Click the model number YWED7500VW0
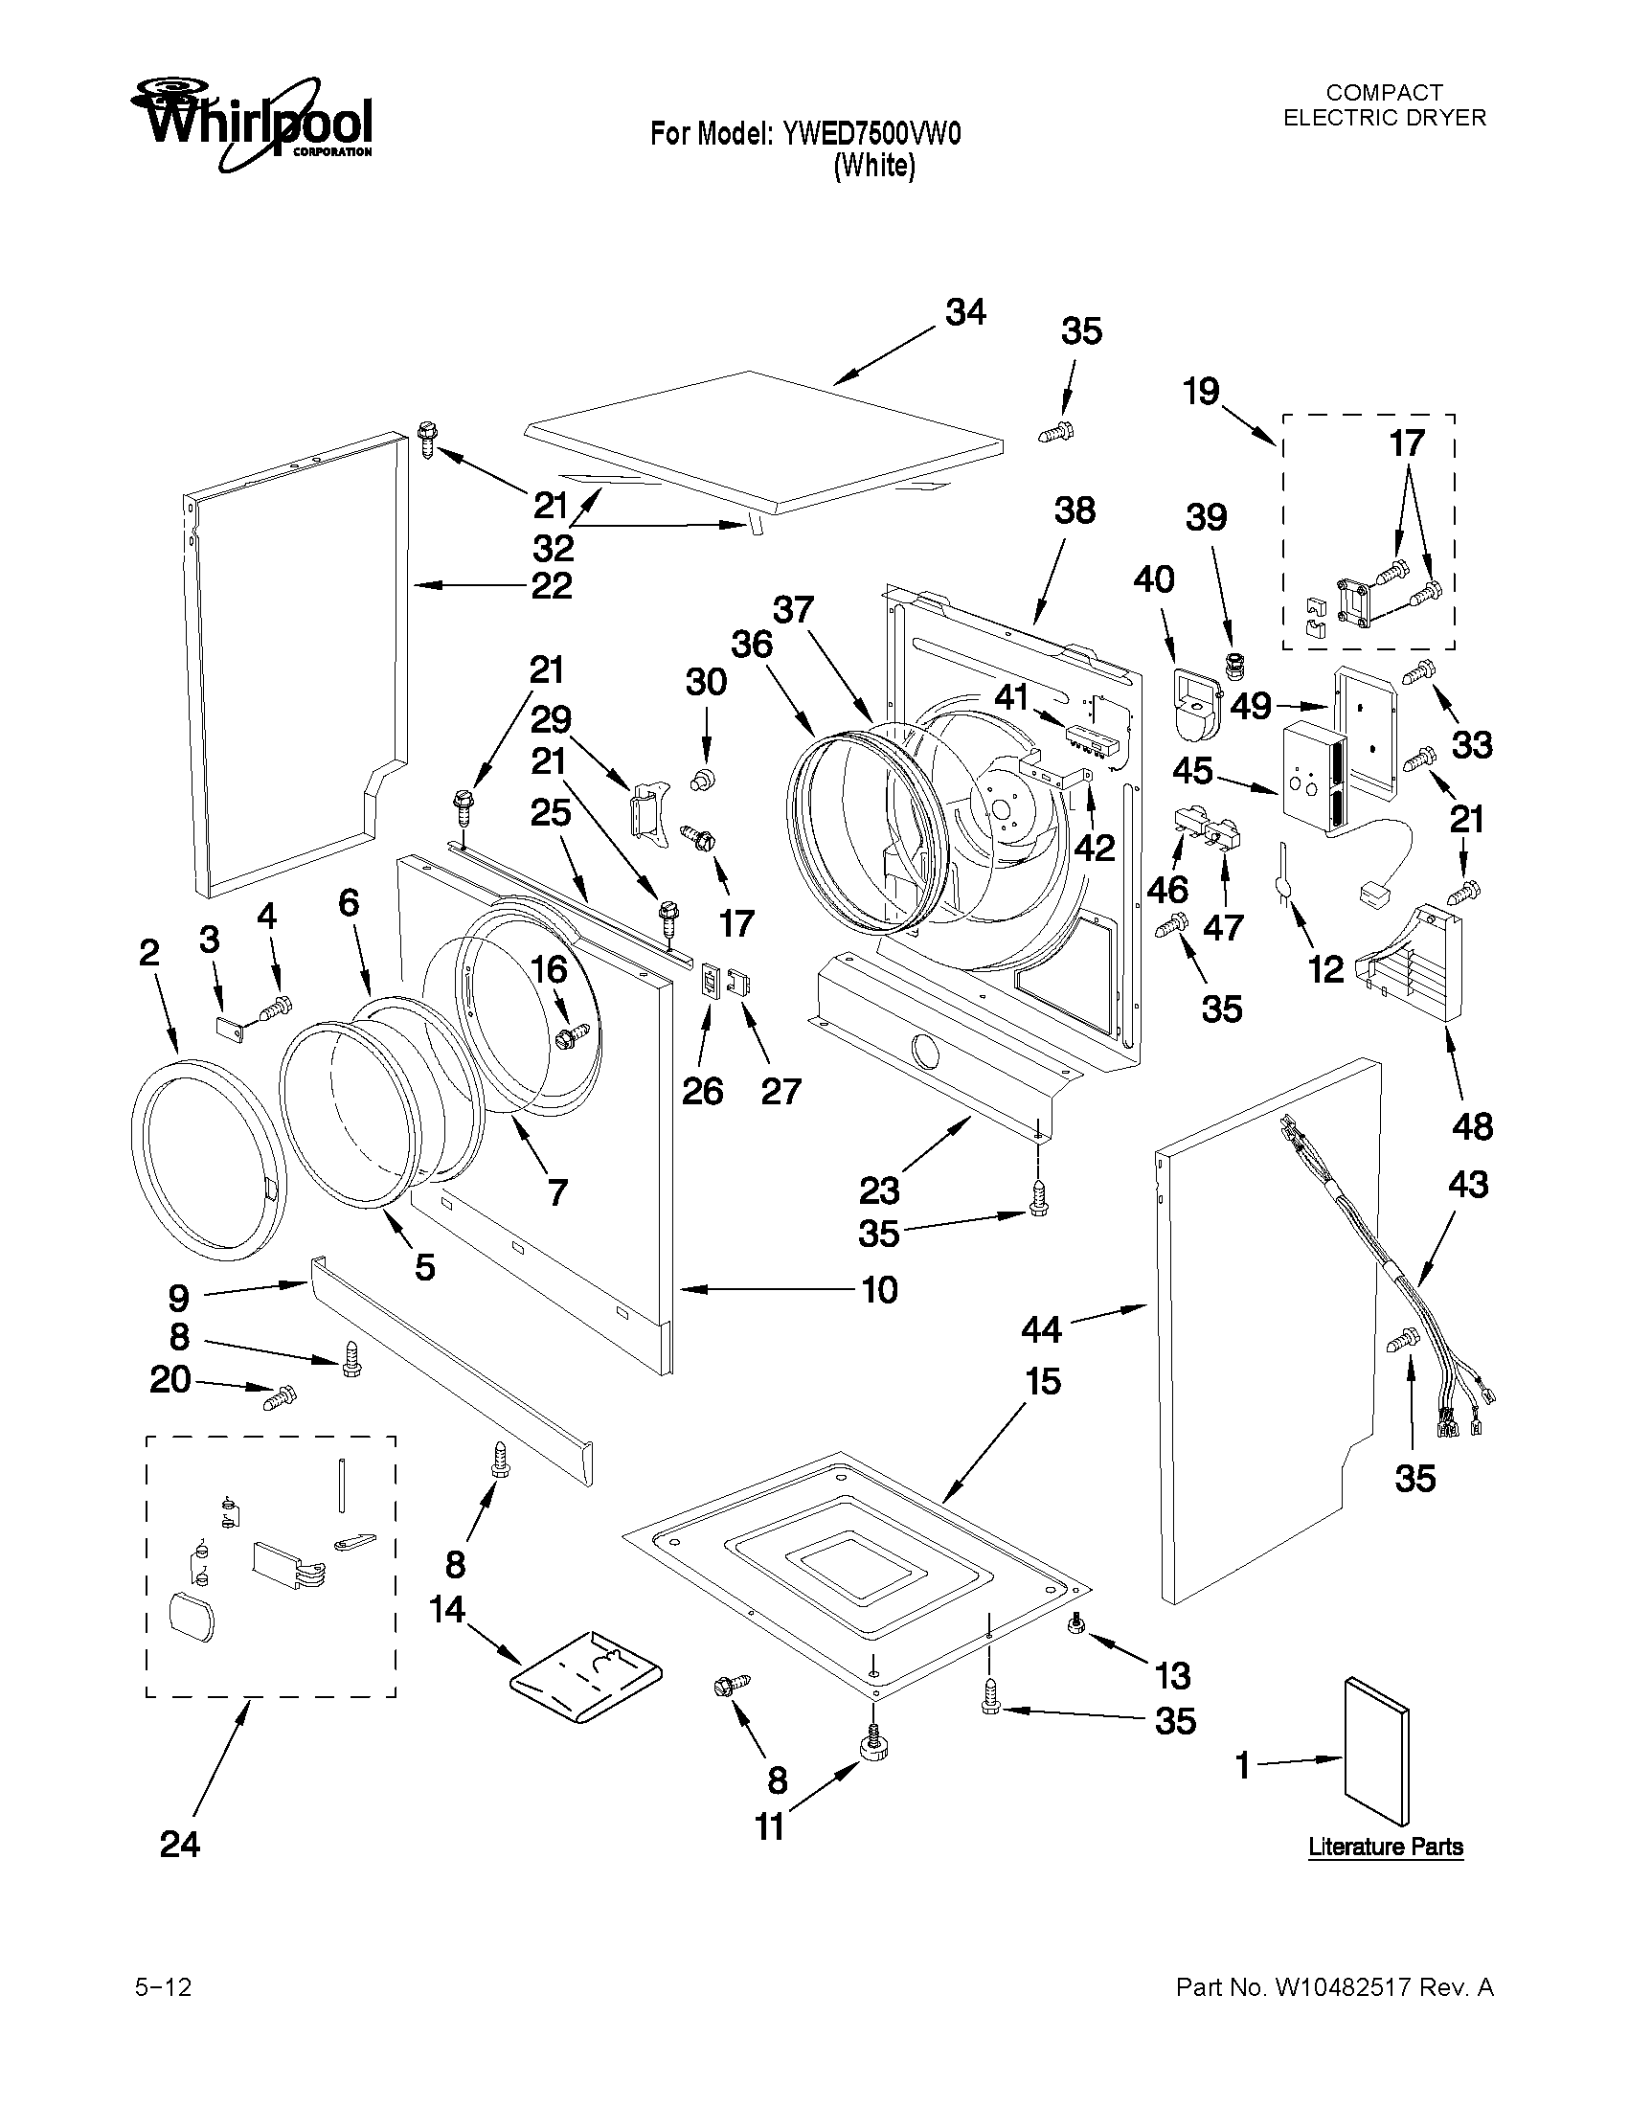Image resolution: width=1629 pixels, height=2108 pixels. coord(871,133)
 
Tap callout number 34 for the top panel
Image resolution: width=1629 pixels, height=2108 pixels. coord(965,313)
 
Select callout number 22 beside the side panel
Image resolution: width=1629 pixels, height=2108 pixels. coord(551,585)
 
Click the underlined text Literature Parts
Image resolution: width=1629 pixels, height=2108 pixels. coord(1385,1847)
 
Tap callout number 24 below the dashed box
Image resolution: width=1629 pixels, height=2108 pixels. coord(179,1845)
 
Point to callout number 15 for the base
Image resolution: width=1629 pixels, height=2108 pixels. coord(1043,1381)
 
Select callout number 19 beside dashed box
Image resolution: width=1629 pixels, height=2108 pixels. coord(1202,392)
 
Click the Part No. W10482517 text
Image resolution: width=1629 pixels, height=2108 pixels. coord(1334,1987)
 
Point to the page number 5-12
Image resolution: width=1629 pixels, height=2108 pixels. coord(163,1987)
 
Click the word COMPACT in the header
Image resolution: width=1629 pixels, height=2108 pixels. coord(1384,93)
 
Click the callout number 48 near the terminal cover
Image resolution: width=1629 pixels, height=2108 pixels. coord(1472,1126)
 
